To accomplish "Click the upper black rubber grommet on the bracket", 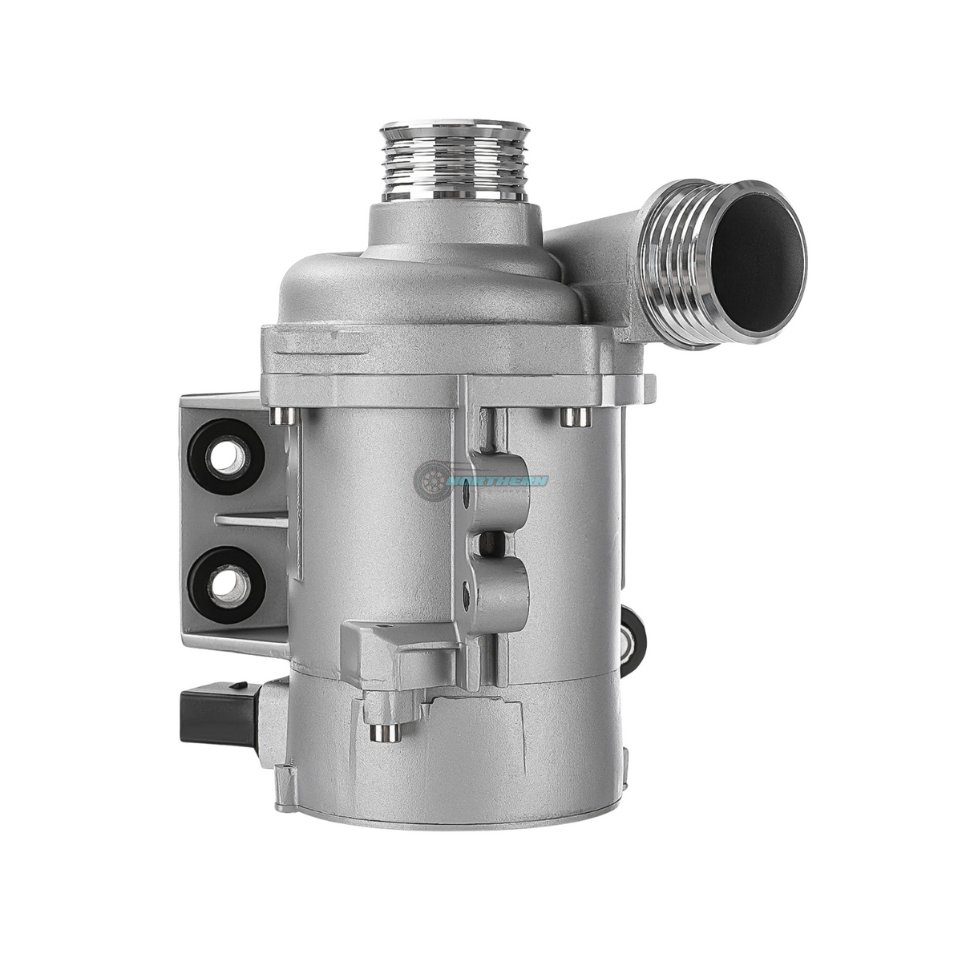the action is point(227,457).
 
